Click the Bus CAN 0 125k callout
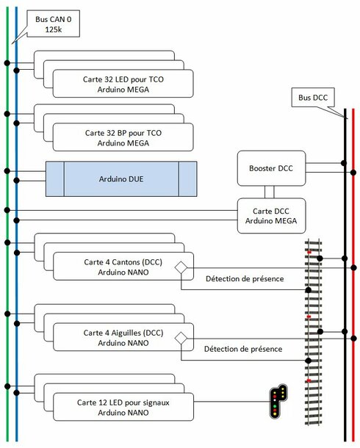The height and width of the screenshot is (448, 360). [x=53, y=24]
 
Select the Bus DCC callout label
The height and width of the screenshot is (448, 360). [x=313, y=98]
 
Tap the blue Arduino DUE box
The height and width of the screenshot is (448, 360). [x=121, y=179]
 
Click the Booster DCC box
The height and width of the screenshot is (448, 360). [x=271, y=168]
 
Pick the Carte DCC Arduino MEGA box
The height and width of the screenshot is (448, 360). [x=271, y=216]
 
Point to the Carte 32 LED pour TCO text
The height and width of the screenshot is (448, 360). [x=123, y=79]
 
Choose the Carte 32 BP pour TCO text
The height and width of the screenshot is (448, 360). [x=123, y=133]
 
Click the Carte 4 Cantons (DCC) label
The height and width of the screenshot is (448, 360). [x=123, y=262]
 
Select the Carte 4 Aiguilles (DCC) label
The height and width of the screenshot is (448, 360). [x=123, y=333]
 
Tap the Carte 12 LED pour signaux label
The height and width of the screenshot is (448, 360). [x=123, y=402]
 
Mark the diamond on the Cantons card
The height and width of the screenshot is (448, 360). [x=181, y=268]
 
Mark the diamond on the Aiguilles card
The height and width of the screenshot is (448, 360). [x=181, y=339]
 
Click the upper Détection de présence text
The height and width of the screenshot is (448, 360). [x=245, y=279]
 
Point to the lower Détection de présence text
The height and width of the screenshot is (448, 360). [x=243, y=349]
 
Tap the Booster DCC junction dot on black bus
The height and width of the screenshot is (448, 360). [x=344, y=163]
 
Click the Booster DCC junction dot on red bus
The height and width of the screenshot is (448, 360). [x=353, y=173]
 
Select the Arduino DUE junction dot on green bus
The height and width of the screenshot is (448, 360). [x=7, y=171]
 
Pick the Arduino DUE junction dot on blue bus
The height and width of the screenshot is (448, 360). [x=17, y=180]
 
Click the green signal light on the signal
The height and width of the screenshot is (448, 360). [x=275, y=406]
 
